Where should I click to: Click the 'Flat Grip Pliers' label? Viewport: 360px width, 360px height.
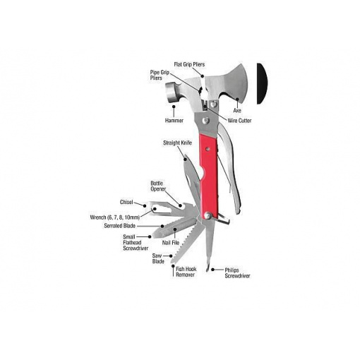[x=189, y=64]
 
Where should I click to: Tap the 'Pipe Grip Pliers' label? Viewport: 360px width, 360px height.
[x=160, y=75]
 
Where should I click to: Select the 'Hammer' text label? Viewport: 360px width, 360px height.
[x=174, y=121]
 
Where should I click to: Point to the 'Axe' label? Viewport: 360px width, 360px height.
[x=237, y=110]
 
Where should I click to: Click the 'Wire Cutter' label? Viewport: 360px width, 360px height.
[x=239, y=121]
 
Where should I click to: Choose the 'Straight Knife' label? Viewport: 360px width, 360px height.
[x=177, y=143]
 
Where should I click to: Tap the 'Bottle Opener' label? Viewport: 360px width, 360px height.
[x=158, y=186]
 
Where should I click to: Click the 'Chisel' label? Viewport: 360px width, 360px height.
[x=126, y=202]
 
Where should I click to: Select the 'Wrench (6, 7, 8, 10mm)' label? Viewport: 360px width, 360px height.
[x=115, y=217]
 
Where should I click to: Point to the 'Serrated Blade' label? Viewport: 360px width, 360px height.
[x=120, y=226]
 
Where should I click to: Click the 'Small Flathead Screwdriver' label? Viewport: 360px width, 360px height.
[x=136, y=243]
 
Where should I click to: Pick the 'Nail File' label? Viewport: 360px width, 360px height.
[x=171, y=243]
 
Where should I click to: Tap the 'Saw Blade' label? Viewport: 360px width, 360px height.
[x=158, y=258]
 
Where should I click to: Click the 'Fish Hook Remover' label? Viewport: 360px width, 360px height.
[x=186, y=272]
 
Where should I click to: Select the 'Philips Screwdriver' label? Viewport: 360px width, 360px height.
[x=237, y=273]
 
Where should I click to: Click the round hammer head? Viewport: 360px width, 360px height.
[x=172, y=92]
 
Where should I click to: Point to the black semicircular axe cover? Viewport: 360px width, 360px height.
[x=262, y=83]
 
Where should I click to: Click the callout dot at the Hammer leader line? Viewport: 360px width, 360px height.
[x=174, y=107]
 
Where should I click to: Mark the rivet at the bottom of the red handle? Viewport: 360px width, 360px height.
[x=208, y=215]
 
